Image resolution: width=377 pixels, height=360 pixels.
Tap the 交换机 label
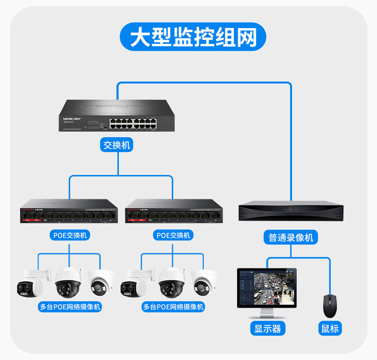(116, 144)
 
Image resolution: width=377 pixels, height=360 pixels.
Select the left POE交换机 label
(69, 235)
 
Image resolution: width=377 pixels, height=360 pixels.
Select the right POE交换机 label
(173, 235)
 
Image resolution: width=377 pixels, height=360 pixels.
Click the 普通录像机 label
(291, 237)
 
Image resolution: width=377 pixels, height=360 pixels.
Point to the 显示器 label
(267, 328)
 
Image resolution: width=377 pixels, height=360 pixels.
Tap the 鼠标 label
(330, 328)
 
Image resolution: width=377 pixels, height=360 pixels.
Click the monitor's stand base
(267, 317)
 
